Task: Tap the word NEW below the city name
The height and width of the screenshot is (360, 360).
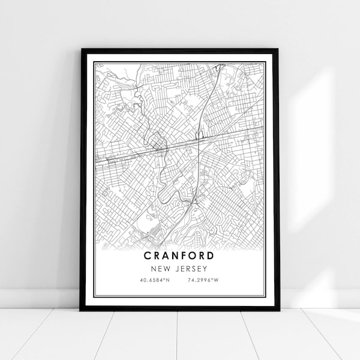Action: click(x=164, y=267)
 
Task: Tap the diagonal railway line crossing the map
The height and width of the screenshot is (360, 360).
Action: click(x=150, y=150)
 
